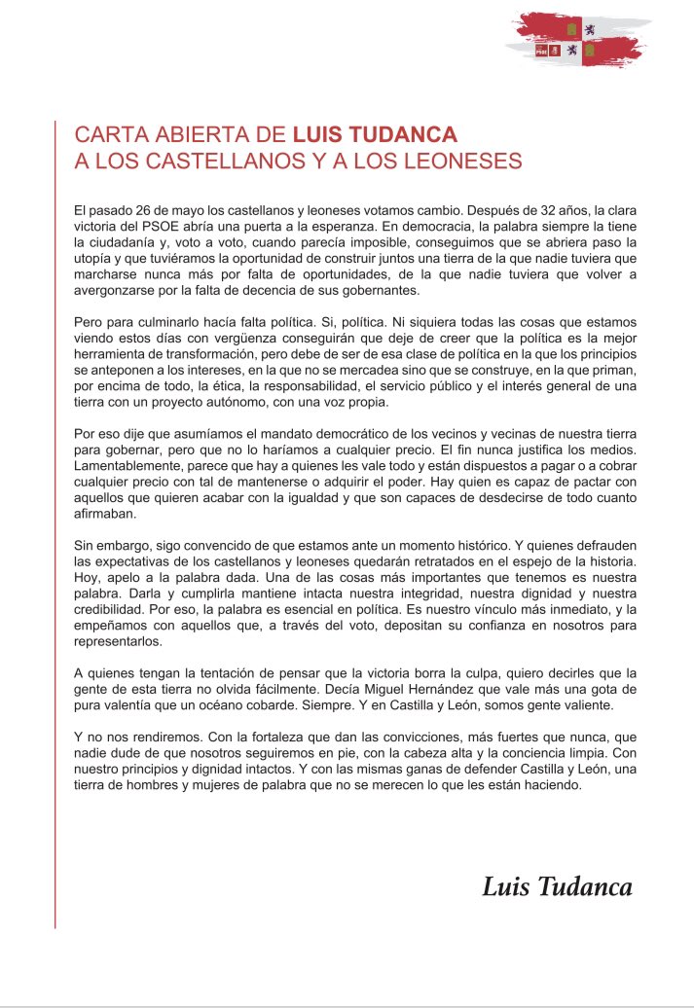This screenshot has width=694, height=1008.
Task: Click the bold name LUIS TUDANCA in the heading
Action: point(375,134)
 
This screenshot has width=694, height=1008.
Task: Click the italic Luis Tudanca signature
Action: point(557,886)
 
